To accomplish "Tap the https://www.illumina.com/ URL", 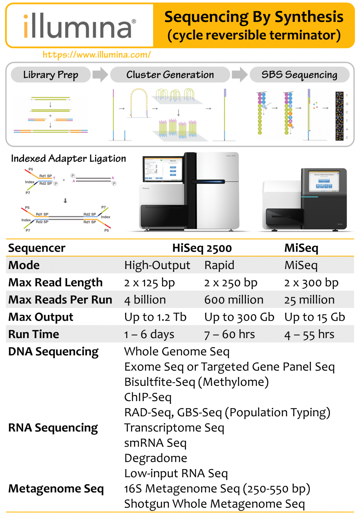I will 96,55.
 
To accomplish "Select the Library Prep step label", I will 51,75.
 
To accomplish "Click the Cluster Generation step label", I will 170,75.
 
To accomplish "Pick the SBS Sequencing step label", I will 299,75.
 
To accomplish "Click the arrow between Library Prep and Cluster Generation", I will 100,74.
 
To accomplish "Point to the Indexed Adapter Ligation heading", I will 68,158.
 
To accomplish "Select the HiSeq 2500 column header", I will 202,248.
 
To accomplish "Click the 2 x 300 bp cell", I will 311,283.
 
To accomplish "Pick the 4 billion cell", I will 145,300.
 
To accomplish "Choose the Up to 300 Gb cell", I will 239,317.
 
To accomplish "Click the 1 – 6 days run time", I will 149,334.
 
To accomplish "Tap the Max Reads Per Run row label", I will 60,300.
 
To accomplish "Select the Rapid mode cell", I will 219,265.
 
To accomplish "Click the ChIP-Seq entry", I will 148,397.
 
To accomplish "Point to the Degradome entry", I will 156,458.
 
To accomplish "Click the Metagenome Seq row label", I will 56,489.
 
